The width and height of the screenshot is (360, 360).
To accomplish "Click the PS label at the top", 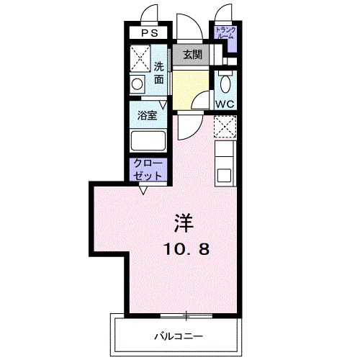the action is [150, 33].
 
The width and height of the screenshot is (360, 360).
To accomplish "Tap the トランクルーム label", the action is [225, 33].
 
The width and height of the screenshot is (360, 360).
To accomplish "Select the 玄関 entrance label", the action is [192, 55].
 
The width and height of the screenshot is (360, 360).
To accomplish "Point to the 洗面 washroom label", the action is [159, 73].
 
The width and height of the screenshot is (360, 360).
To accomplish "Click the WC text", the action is [225, 104].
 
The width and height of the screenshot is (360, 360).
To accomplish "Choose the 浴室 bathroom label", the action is [147, 115].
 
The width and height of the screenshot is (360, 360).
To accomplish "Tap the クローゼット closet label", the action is [148, 170].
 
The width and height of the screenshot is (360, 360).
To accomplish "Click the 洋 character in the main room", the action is [184, 223].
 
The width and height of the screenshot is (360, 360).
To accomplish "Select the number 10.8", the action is [186, 249].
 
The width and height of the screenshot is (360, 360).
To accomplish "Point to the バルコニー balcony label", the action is [179, 336].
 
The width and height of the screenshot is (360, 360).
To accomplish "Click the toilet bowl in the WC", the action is [225, 84].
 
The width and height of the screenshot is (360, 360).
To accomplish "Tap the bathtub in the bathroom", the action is [148, 140].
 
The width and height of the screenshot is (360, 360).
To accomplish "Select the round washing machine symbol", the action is [138, 84].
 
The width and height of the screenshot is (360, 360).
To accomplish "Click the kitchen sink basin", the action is [224, 175].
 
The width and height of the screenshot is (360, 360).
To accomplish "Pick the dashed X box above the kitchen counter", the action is [225, 127].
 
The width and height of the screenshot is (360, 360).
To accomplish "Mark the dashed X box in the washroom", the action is [140, 58].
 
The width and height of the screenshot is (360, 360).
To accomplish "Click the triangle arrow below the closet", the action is [143, 190].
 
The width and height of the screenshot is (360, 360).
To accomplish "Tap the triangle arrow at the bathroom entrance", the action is [163, 105].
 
